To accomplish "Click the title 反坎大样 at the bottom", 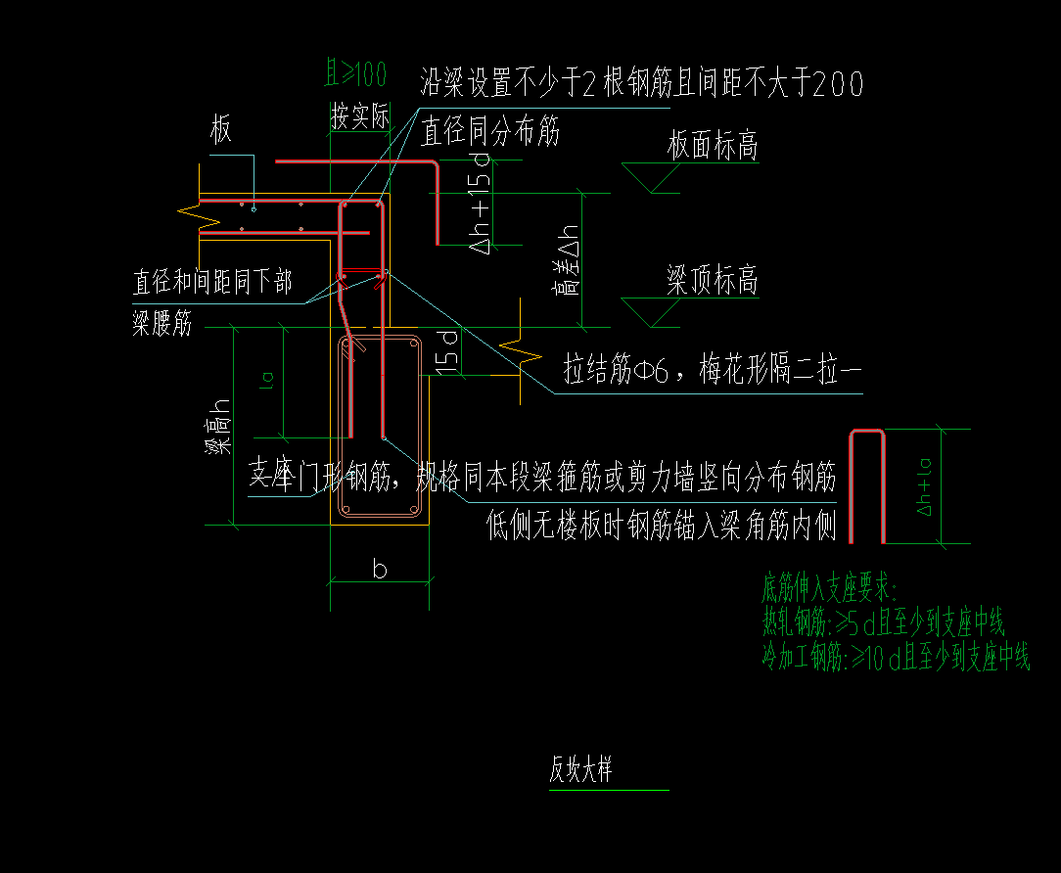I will tap(580, 771).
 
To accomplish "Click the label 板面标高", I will tap(713, 147).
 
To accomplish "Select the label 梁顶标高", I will tap(713, 282).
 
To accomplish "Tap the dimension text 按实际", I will tap(359, 118).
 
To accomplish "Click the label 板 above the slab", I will tap(222, 130).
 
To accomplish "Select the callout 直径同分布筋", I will tap(490, 131).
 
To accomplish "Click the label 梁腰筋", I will tap(162, 325).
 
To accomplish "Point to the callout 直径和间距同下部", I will tap(211, 284).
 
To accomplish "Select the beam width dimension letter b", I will tap(380, 570).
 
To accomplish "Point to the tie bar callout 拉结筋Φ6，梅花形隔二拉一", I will tap(713, 371).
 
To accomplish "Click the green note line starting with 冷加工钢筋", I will tap(896, 659).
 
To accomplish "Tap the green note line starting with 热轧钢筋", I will tap(883, 623).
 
